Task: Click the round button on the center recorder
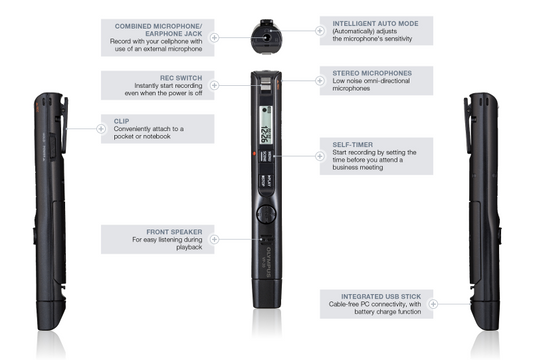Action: tap(266, 212)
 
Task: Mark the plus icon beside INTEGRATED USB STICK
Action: tap(320, 301)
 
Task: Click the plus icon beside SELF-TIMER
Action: tap(320, 156)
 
